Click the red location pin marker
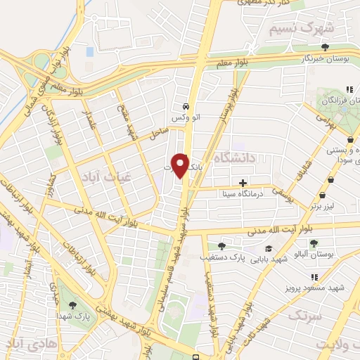tap(180, 165)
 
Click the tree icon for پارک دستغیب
tap(222, 246)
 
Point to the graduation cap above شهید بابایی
tap(269, 249)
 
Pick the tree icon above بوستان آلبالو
tap(314, 243)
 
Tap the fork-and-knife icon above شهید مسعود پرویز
tap(314, 277)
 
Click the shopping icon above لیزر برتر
tap(322, 195)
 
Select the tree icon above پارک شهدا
tap(72, 305)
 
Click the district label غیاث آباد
tap(103, 174)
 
